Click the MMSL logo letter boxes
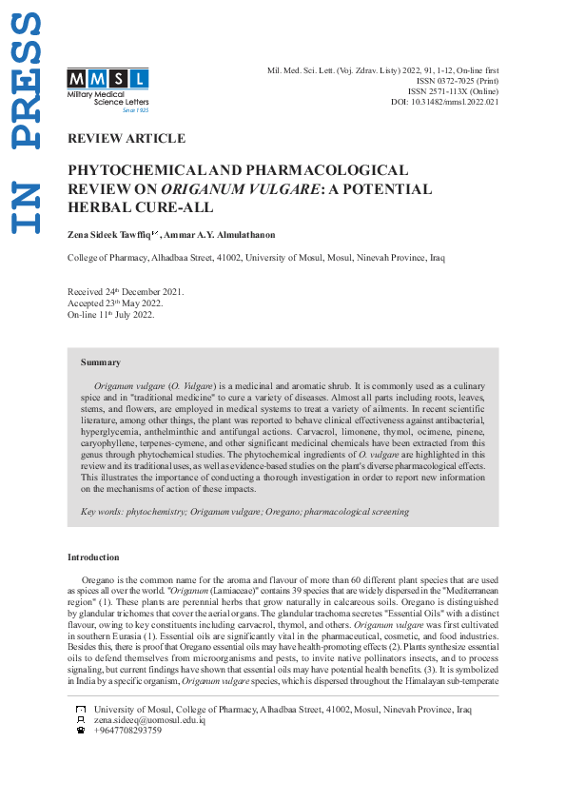point(107,78)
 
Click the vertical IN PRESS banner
point(27,124)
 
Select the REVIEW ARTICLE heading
point(127,139)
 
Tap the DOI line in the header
point(444,102)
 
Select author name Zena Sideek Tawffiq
point(110,234)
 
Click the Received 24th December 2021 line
point(126,292)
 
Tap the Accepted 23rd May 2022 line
point(114,303)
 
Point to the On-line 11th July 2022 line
point(110,315)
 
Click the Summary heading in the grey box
point(101,362)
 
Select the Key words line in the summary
point(244,511)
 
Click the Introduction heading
point(93,557)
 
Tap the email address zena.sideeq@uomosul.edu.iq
point(149,720)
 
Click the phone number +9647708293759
point(128,731)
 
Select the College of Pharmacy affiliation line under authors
point(256,258)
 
